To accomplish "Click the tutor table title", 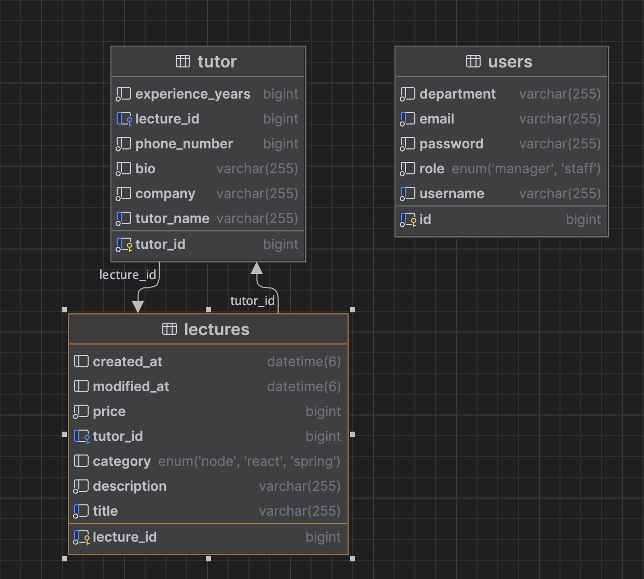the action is tap(217, 62).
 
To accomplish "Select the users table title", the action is tap(510, 62).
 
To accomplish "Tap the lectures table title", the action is tap(217, 329).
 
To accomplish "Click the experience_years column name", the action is tap(193, 94).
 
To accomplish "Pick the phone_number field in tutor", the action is tap(184, 144).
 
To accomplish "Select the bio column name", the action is tap(145, 169).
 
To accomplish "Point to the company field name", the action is tap(165, 194).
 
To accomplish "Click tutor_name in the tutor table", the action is tap(172, 218).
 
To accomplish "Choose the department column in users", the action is tap(457, 94).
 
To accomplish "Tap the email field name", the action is tap(437, 119).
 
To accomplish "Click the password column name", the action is tap(452, 144).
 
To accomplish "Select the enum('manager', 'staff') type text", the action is tap(526, 169).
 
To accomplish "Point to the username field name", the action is tap(452, 194).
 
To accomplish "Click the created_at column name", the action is tap(128, 362).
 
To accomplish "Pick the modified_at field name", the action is tap(131, 387).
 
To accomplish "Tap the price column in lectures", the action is tap(109, 411).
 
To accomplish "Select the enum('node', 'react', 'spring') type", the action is tap(249, 462).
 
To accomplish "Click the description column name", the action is tap(130, 487).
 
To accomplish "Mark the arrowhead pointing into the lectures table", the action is tap(137, 307).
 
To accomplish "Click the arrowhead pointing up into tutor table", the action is tap(257, 268).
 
